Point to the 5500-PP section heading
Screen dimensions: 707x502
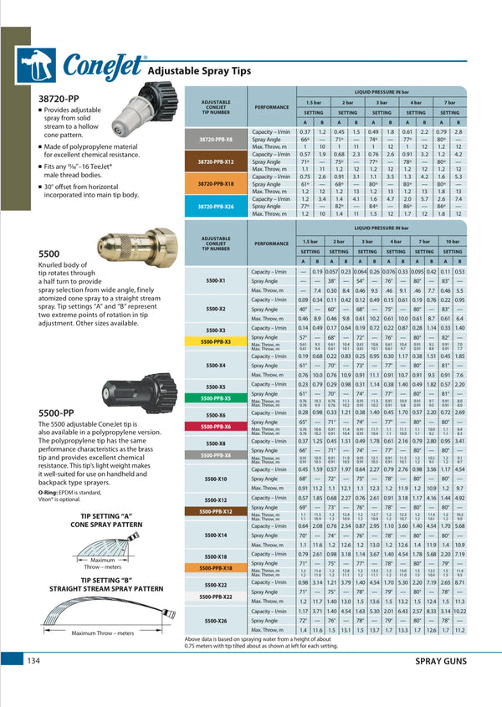(x=60, y=412)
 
